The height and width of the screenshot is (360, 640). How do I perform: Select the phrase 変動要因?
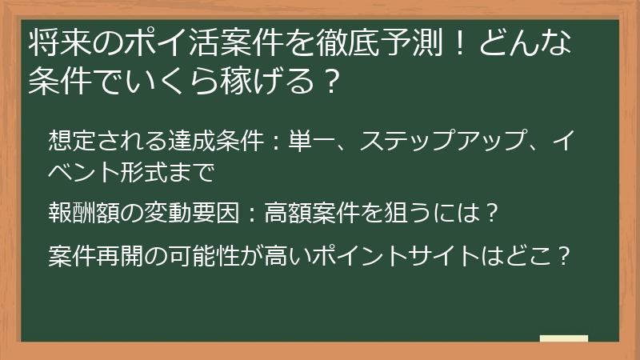tap(182, 214)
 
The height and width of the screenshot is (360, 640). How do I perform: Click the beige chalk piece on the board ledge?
tap(564, 338)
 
